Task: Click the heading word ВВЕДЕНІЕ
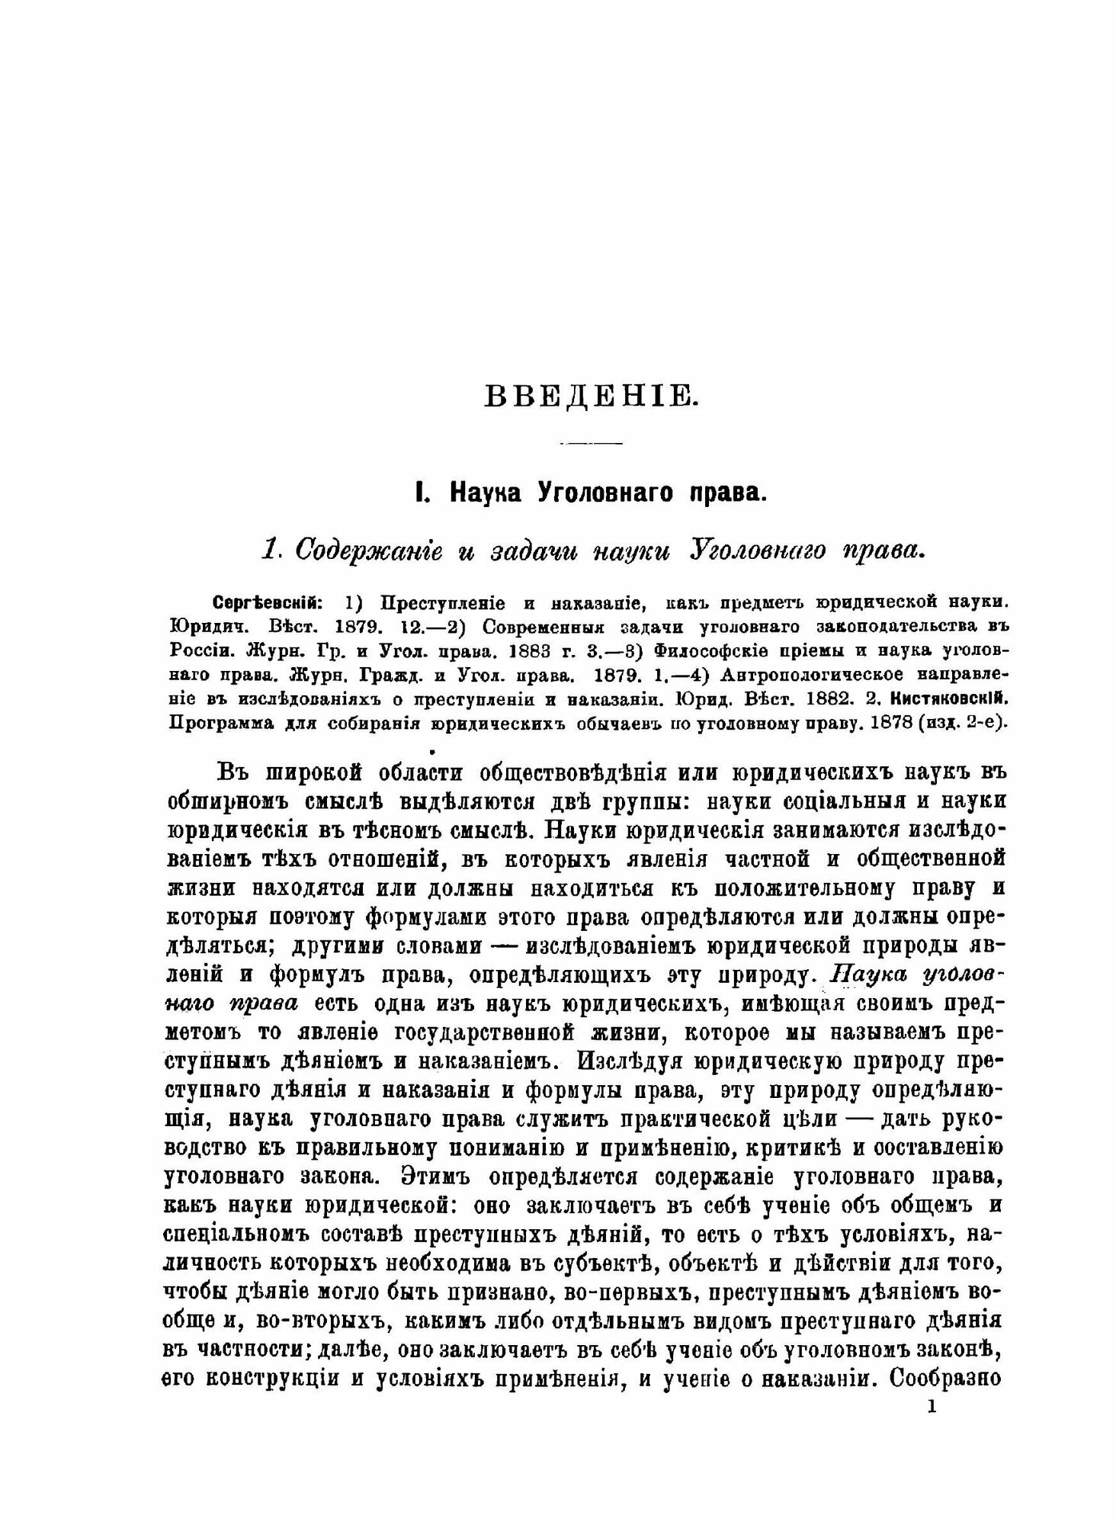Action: pyautogui.click(x=590, y=398)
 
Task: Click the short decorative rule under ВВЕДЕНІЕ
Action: pyautogui.click(x=591, y=443)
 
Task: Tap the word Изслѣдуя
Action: pyautogui.click(x=639, y=1061)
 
